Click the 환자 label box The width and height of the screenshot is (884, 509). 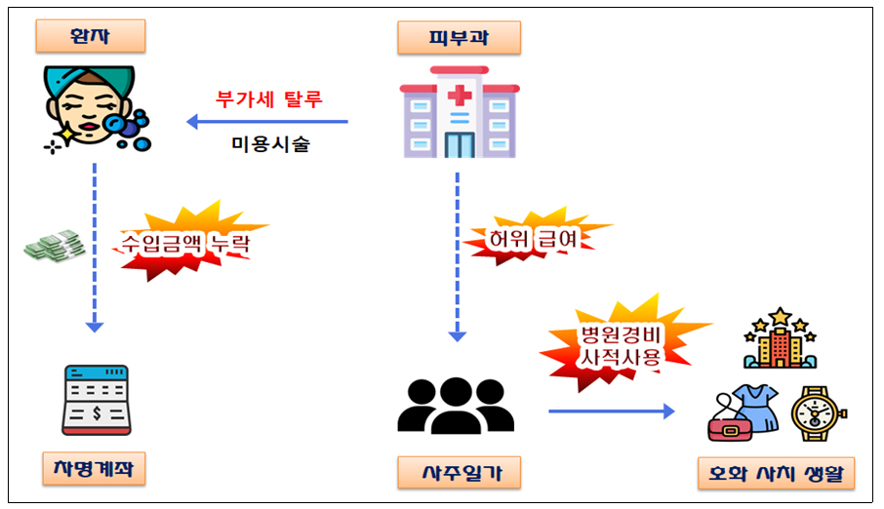click(91, 37)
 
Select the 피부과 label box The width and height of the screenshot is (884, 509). click(458, 38)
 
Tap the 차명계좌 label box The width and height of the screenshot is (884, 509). click(94, 470)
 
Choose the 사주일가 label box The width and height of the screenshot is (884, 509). click(458, 473)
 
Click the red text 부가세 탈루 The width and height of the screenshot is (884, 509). click(268, 99)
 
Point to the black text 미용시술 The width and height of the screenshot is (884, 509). click(270, 143)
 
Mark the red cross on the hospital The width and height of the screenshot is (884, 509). click(458, 96)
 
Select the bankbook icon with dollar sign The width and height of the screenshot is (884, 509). click(96, 400)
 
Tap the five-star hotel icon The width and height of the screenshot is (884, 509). click(779, 338)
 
